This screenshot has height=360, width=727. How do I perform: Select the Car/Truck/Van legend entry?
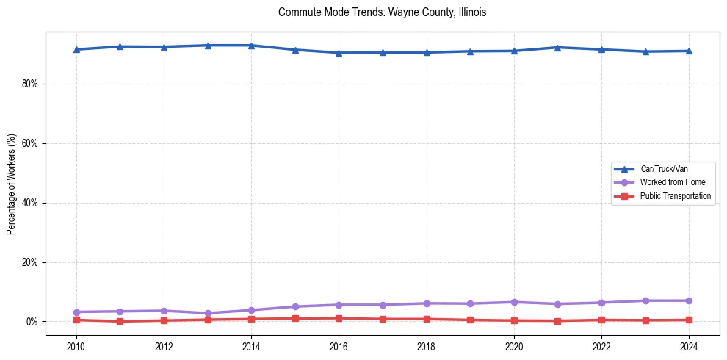click(x=663, y=168)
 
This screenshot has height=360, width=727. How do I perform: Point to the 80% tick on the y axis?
click(x=30, y=84)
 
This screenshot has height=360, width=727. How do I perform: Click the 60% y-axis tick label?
click(x=30, y=143)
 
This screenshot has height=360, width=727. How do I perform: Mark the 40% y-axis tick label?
click(x=30, y=203)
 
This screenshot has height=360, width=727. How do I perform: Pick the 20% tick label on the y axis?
click(x=30, y=262)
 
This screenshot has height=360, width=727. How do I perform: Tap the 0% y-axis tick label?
click(x=32, y=322)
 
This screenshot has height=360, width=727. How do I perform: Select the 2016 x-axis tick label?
click(x=339, y=347)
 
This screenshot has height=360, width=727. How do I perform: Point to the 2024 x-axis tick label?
click(x=689, y=347)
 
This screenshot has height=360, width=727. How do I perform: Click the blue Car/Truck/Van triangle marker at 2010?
click(x=76, y=49)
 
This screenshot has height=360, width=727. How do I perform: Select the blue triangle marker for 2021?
click(x=558, y=48)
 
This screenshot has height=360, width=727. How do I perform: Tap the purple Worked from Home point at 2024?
click(x=689, y=300)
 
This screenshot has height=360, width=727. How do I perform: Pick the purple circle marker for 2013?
click(x=208, y=313)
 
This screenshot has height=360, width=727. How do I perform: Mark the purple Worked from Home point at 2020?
click(x=514, y=302)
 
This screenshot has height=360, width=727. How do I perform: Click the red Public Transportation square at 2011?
click(x=120, y=321)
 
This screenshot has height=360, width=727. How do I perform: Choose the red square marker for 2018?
click(x=427, y=319)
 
